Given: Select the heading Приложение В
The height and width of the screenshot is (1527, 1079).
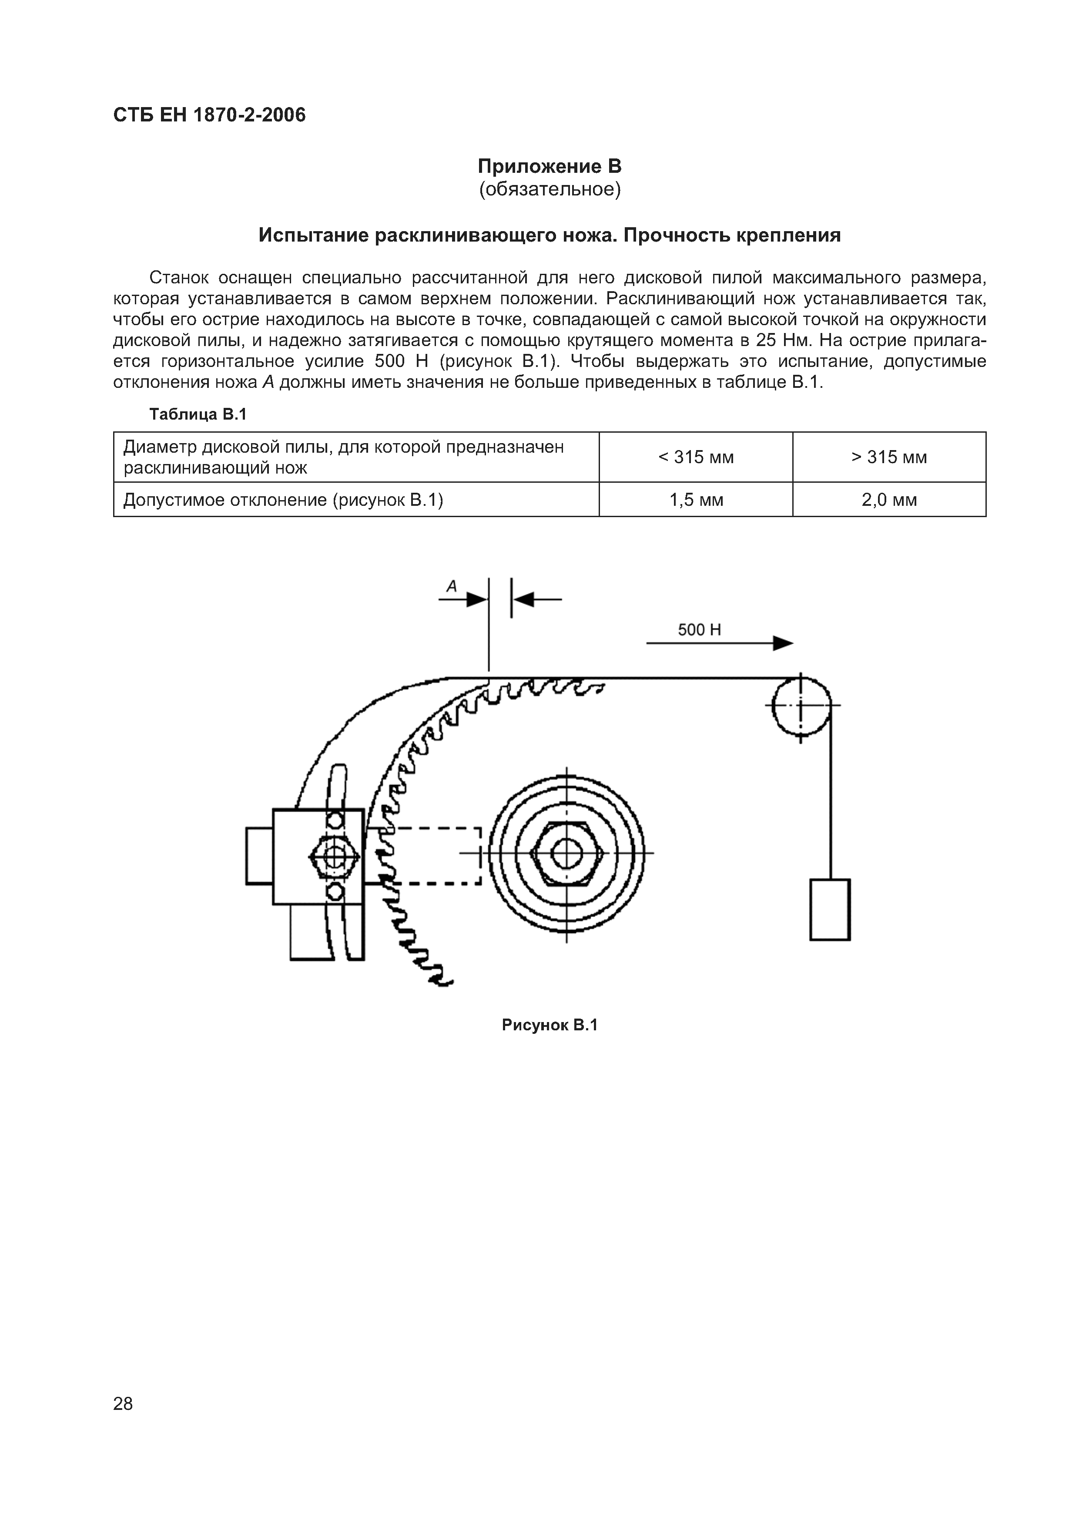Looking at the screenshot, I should (549, 165).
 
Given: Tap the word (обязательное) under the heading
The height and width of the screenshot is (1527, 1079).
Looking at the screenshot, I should (549, 189).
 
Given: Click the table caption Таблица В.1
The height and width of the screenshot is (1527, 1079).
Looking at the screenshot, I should (198, 414).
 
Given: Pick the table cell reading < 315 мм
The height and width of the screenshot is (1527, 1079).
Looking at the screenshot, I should (695, 457).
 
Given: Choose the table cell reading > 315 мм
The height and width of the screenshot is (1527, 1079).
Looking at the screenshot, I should (889, 457).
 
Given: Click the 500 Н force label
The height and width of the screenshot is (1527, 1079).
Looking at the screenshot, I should (699, 629).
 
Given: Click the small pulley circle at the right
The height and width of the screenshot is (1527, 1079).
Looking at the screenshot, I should (801, 705).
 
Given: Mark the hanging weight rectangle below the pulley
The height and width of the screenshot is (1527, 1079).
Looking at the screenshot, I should (830, 909).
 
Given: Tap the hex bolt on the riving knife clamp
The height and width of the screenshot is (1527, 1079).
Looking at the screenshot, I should (335, 856).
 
